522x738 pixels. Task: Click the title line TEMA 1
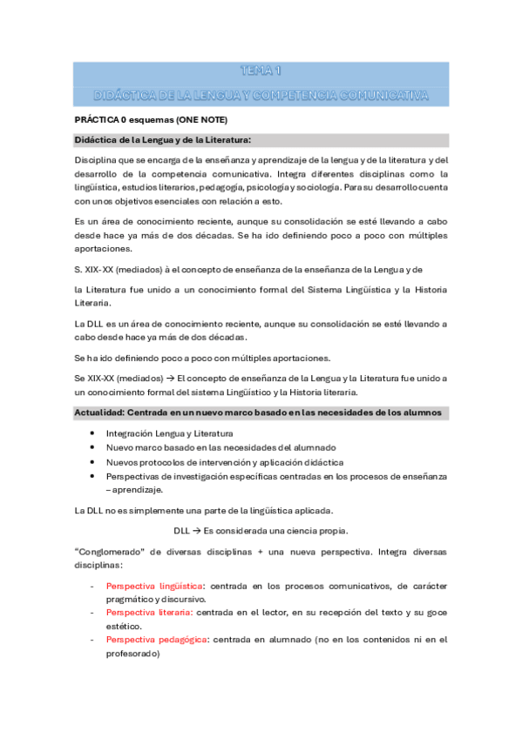261,70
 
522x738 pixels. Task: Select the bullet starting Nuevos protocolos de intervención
224,461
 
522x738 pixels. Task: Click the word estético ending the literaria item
125,625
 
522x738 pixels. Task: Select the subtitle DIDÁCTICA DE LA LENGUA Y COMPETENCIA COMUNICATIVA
261,92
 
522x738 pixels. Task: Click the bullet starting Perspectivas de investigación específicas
275,476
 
